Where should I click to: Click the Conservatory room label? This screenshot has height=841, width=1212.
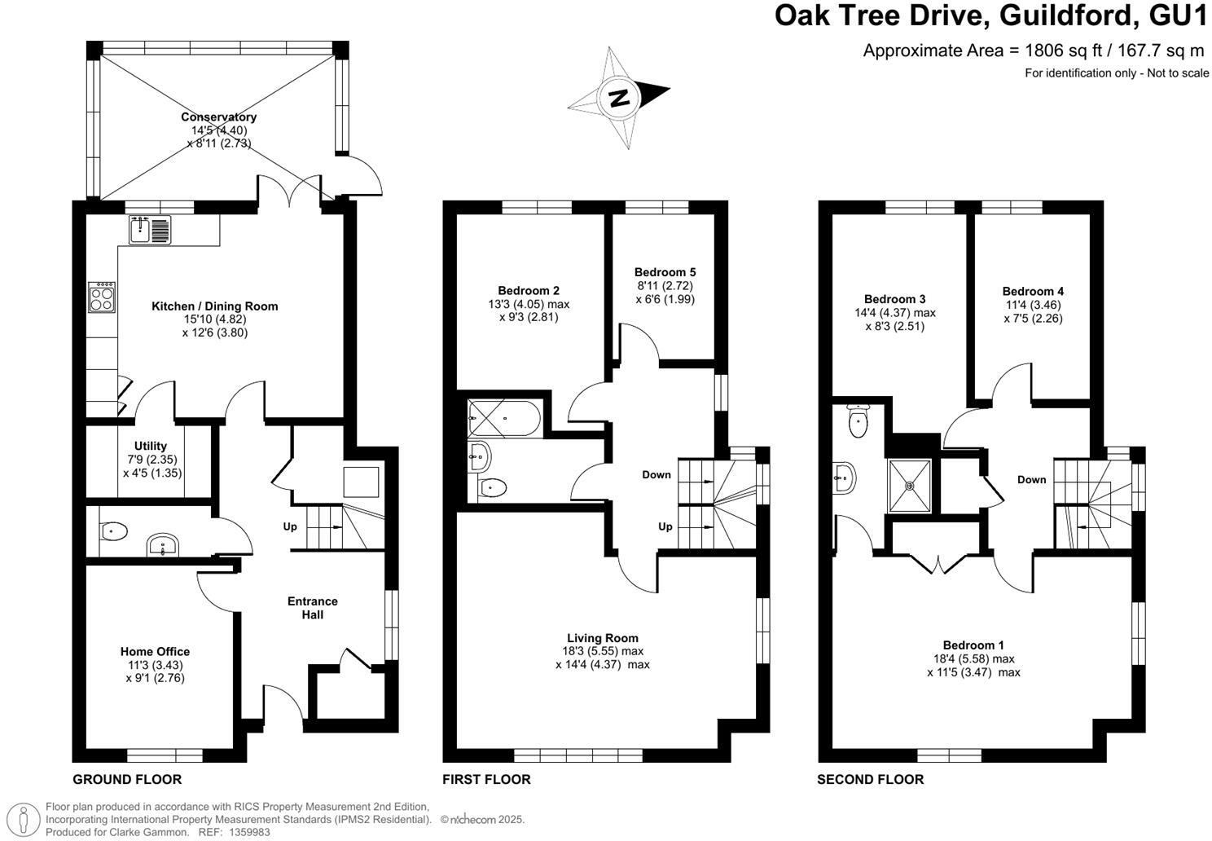218,117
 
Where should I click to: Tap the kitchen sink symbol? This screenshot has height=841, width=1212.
148,230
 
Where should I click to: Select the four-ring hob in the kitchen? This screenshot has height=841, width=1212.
102,297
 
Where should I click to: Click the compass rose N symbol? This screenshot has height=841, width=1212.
619,98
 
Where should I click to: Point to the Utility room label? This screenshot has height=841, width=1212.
151,446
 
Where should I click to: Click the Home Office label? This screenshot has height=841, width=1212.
155,651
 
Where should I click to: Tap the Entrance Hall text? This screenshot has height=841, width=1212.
313,608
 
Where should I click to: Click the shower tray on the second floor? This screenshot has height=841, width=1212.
910,486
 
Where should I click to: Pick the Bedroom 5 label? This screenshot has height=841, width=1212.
665,272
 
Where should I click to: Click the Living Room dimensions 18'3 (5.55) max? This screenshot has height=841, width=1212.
603,651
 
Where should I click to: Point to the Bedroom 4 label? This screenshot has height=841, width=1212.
1033,291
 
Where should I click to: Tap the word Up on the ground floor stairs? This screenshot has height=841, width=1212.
290,526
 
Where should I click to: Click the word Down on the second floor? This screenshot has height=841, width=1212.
1031,479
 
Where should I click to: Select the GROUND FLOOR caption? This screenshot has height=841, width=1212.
127,779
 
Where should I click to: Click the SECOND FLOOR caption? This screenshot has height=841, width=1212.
870,779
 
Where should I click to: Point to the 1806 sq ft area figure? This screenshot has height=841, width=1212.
1057,51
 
